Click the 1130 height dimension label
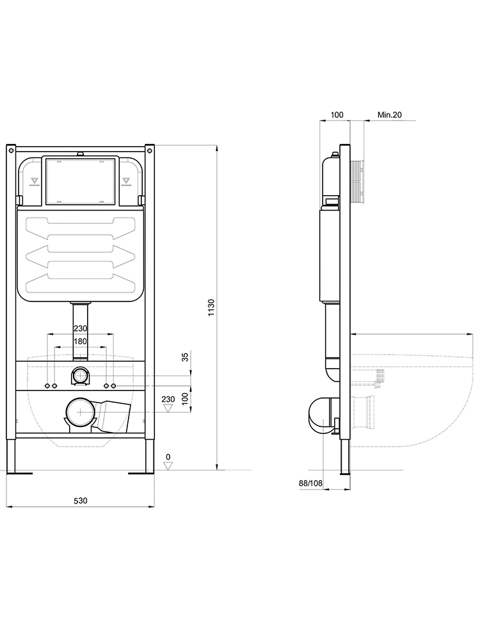point(212,307)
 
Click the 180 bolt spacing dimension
point(80,342)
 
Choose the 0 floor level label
point(168,457)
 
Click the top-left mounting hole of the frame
point(11,152)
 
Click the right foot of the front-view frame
point(141,473)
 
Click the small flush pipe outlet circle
point(81,376)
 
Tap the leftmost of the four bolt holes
point(48,386)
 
